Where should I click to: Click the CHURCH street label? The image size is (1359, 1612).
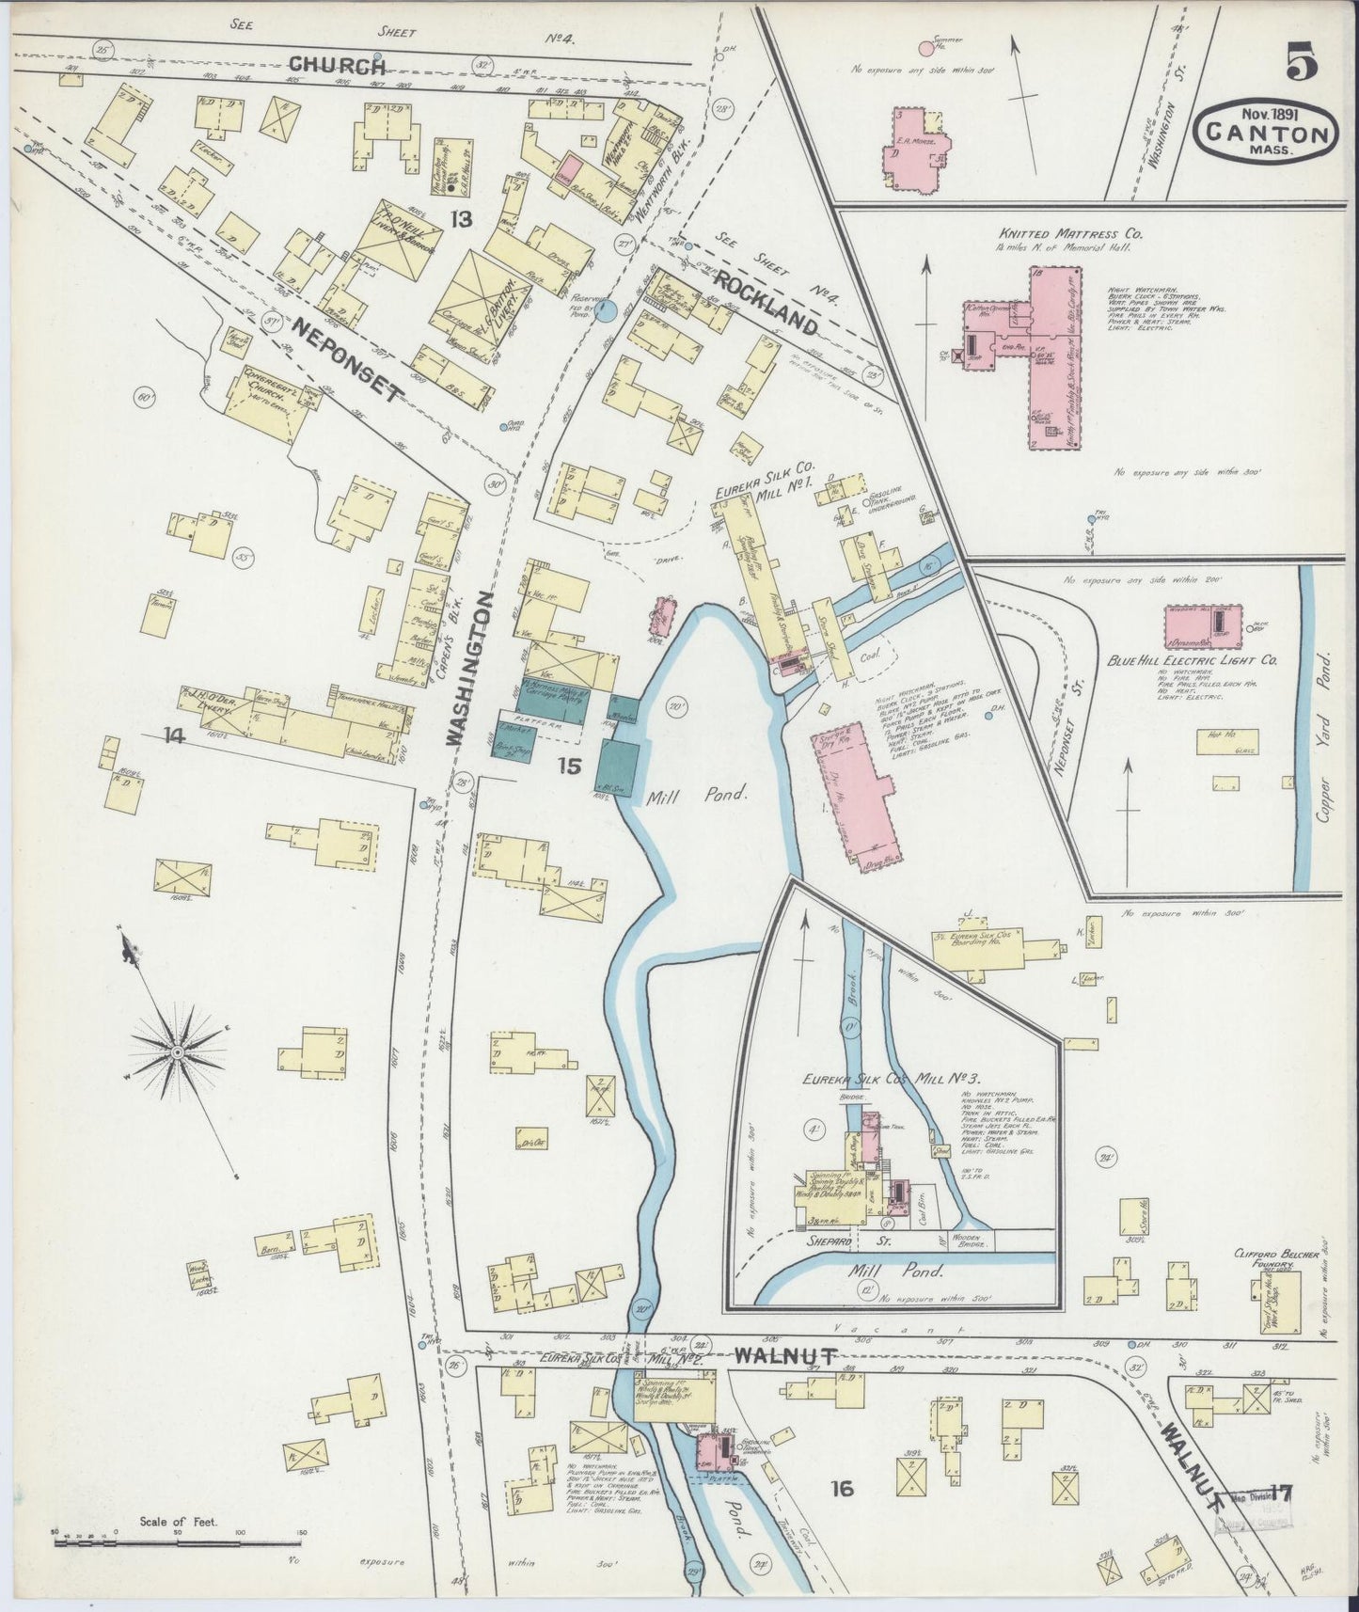pyautogui.click(x=337, y=65)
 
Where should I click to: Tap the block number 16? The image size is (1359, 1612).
pyautogui.click(x=841, y=1486)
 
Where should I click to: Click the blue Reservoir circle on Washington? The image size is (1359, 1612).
pyautogui.click(x=608, y=308)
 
